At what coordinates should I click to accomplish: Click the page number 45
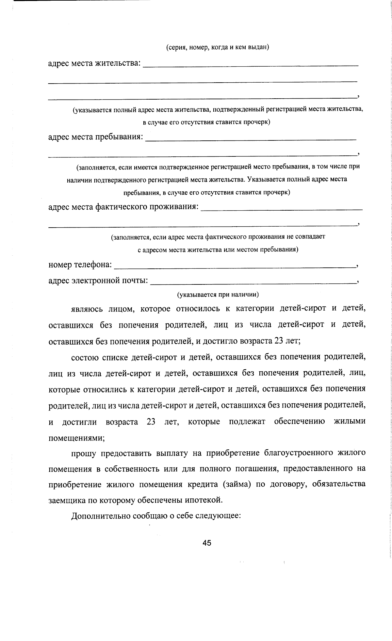coord(207,543)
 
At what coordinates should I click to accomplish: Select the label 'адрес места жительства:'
coord(94,63)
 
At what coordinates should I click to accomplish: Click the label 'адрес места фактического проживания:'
coord(123,207)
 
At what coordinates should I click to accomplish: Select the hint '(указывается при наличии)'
coord(218,295)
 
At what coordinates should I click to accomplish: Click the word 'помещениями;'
coord(76,438)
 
